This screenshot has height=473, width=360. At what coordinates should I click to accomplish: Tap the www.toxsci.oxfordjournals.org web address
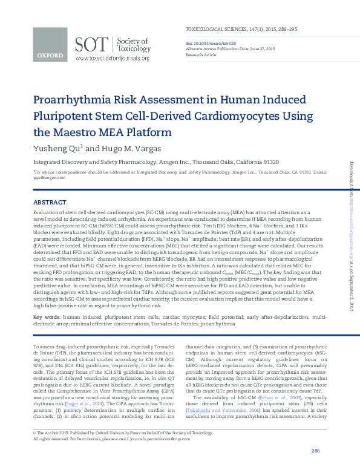point(113,59)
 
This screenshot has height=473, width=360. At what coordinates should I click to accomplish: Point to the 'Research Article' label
point(200,54)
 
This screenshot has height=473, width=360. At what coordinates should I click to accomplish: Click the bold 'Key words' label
point(46,316)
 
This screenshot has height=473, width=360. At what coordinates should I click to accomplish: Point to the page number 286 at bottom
point(315,451)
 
